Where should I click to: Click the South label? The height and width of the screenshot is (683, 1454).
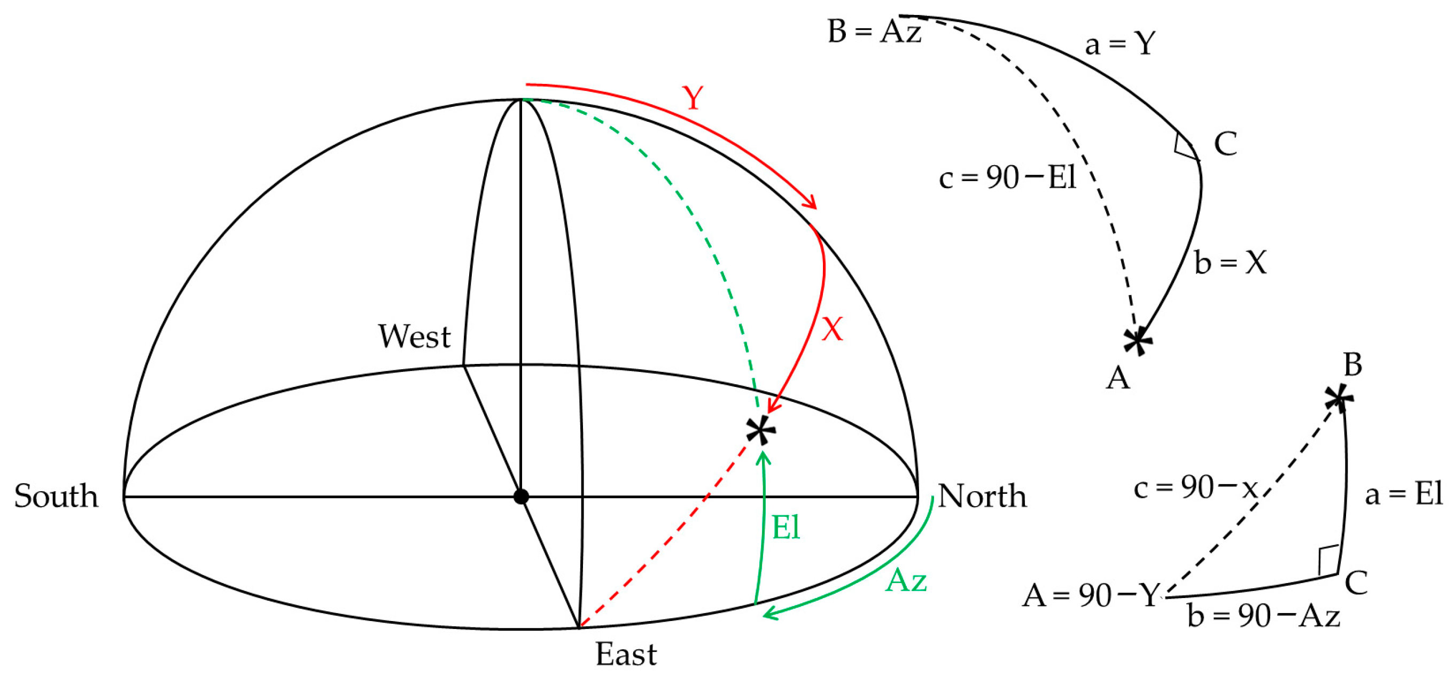click(56, 496)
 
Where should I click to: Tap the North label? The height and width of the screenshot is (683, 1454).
click(982, 496)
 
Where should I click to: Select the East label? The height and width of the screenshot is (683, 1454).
click(626, 654)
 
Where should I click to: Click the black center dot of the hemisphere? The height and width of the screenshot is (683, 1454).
click(521, 496)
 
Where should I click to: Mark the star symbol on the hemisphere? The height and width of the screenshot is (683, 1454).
click(761, 431)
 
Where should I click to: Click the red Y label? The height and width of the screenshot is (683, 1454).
click(693, 98)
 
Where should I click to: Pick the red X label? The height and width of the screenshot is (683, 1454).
click(832, 329)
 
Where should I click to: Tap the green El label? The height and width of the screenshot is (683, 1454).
click(786, 528)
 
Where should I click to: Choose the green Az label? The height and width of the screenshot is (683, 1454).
click(906, 580)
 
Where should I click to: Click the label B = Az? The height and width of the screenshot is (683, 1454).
click(874, 31)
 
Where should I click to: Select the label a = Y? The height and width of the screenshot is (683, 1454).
click(1120, 43)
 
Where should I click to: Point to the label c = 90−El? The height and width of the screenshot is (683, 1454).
click(1007, 177)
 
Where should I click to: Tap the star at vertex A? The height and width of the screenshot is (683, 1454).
click(1137, 341)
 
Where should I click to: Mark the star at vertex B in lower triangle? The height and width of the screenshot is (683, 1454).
click(1338, 399)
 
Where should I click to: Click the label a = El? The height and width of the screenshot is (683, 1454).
click(1403, 494)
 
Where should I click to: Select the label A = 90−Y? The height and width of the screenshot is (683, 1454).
click(1091, 595)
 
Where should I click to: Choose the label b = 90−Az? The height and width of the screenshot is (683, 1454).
click(1263, 616)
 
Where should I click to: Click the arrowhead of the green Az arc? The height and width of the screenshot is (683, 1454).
click(768, 614)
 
